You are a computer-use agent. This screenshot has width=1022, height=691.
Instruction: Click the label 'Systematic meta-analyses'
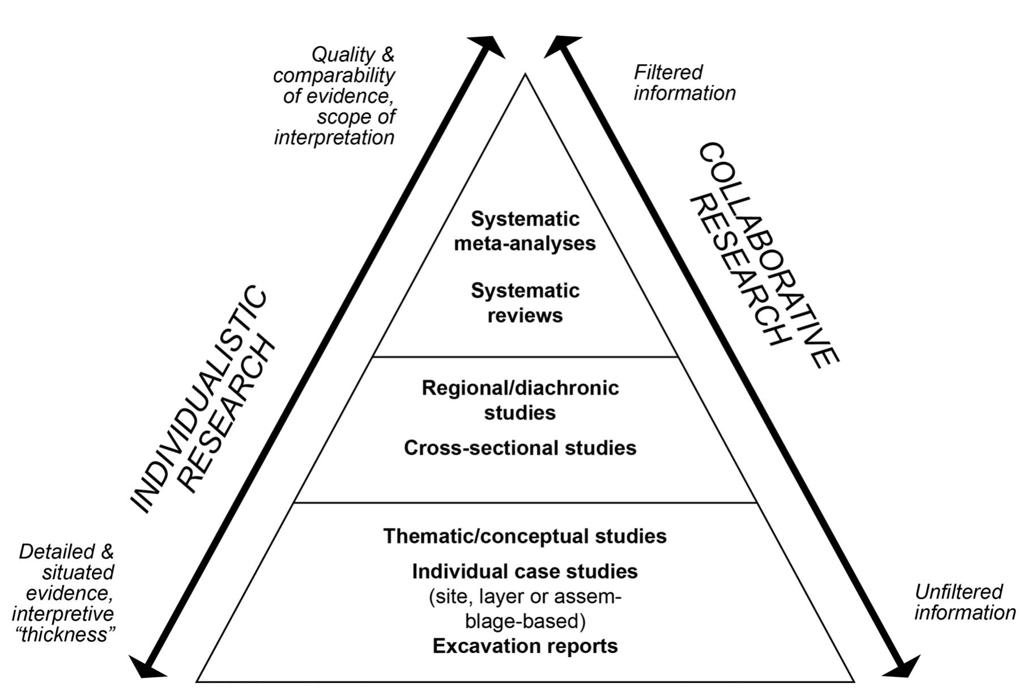click(x=525, y=231)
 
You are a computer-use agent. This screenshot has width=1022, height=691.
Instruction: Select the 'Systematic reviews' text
click(x=525, y=303)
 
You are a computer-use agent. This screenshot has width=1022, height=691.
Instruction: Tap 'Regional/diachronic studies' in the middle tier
click(x=520, y=400)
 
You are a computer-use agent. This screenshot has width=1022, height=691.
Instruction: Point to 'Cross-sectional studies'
click(x=520, y=448)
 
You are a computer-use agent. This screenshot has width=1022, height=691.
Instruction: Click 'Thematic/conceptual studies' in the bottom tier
click(x=525, y=536)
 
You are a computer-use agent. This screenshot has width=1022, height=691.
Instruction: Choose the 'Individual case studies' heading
click(x=525, y=571)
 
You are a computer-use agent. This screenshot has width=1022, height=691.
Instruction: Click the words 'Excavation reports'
click(x=525, y=646)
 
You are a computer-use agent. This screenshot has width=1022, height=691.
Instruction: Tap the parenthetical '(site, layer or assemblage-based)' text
click(x=525, y=609)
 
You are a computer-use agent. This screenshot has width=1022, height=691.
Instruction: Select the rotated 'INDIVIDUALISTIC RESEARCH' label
click(x=203, y=400)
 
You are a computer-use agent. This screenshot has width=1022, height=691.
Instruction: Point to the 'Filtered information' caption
click(x=684, y=83)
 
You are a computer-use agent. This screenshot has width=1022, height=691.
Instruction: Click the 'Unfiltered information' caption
click(x=964, y=602)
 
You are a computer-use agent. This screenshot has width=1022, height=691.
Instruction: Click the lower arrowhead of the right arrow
click(x=903, y=668)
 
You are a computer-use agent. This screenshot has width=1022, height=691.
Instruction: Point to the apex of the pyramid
click(x=526, y=75)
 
